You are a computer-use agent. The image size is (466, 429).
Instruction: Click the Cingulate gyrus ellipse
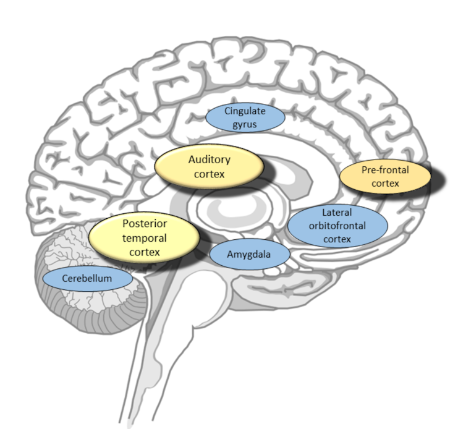[244, 117]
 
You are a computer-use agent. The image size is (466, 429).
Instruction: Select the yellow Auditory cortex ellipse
[209, 167]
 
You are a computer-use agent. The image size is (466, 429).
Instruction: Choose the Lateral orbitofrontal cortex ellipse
[337, 226]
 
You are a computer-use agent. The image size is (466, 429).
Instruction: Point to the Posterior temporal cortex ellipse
[145, 237]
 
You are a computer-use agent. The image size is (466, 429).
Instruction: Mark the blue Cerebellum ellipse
[87, 279]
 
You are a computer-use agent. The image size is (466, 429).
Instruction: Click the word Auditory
[209, 159]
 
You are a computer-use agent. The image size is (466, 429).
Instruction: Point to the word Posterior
[145, 223]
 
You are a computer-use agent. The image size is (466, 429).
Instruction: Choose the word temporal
[145, 237]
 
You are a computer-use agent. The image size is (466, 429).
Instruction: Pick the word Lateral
[337, 213]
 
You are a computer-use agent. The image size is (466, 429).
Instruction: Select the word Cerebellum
[87, 279]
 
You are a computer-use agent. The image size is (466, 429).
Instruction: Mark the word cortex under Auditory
[209, 174]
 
